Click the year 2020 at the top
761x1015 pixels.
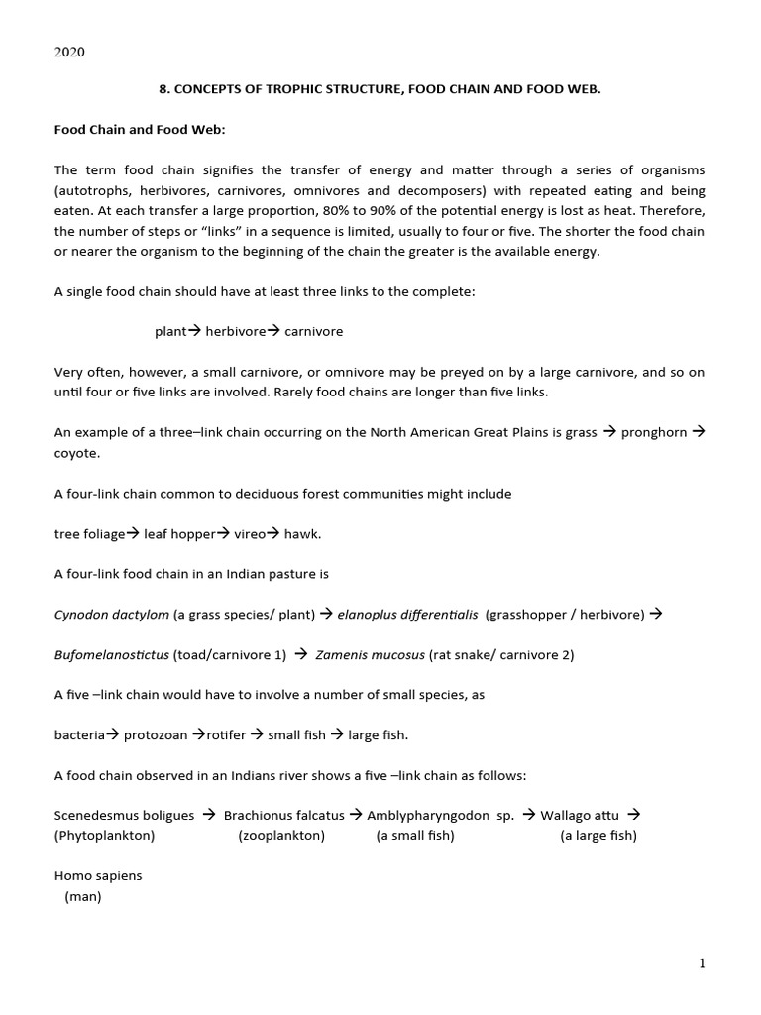(x=69, y=53)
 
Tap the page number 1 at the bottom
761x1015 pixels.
(x=703, y=963)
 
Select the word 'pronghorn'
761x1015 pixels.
(x=653, y=433)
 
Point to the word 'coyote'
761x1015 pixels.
(x=76, y=452)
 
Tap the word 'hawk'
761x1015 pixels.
(x=302, y=534)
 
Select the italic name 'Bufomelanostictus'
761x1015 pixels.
(x=111, y=654)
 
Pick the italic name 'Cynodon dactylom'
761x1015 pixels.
(x=111, y=615)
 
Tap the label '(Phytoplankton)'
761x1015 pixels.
(x=104, y=835)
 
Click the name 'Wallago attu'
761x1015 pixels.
(x=580, y=816)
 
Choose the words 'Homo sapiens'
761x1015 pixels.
(x=98, y=876)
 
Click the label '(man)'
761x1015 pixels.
(x=83, y=896)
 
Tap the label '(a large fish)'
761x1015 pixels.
(x=598, y=835)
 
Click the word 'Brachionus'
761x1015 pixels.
(x=257, y=816)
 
